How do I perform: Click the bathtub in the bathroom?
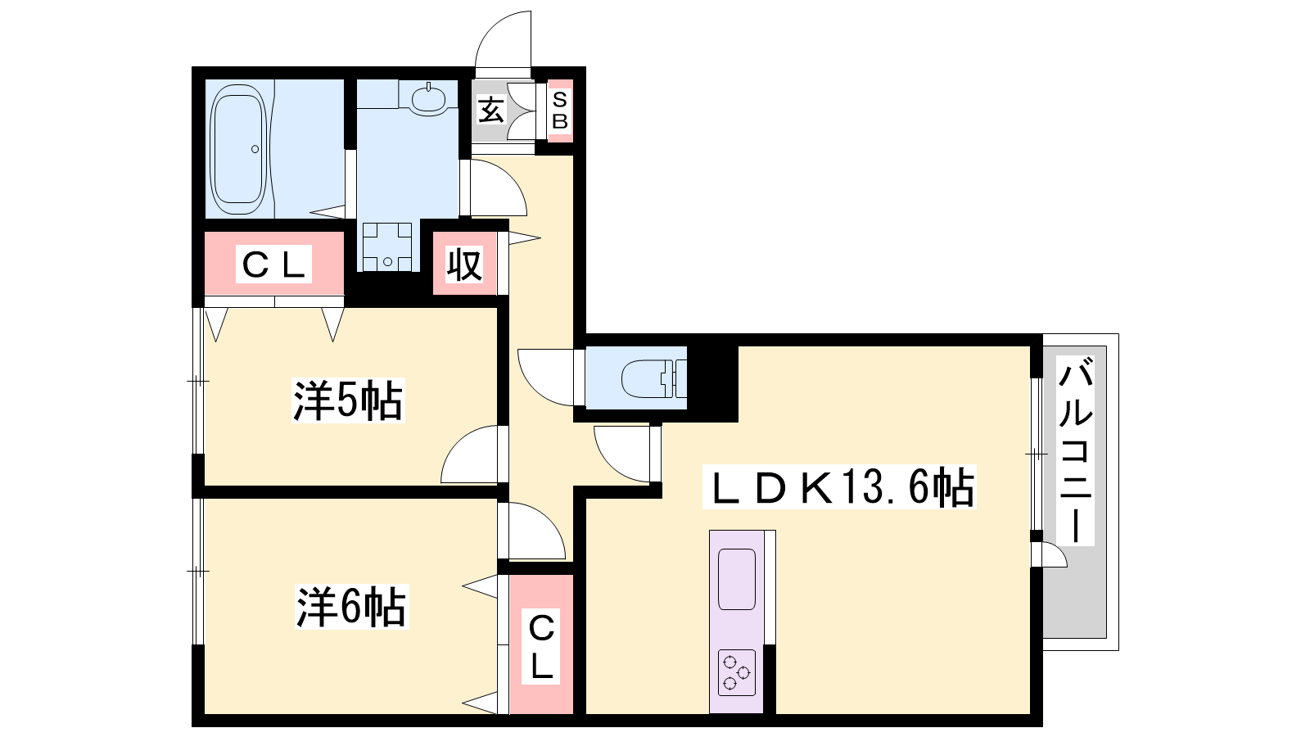coord(238,149)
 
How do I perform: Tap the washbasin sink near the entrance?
coord(429,99)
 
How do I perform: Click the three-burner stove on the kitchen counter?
coord(736,672)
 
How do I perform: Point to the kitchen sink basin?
coord(736,579)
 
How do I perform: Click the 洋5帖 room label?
coord(348,400)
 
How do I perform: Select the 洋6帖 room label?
coord(351,607)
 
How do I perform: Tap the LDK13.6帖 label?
coord(839,486)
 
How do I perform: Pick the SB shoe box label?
coord(560,111)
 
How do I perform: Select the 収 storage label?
coord(464,265)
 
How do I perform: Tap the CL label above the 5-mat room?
coord(273,265)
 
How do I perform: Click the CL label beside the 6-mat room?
coord(541,646)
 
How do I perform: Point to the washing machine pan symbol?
coord(387,246)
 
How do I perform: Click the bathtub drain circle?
coord(255,149)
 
